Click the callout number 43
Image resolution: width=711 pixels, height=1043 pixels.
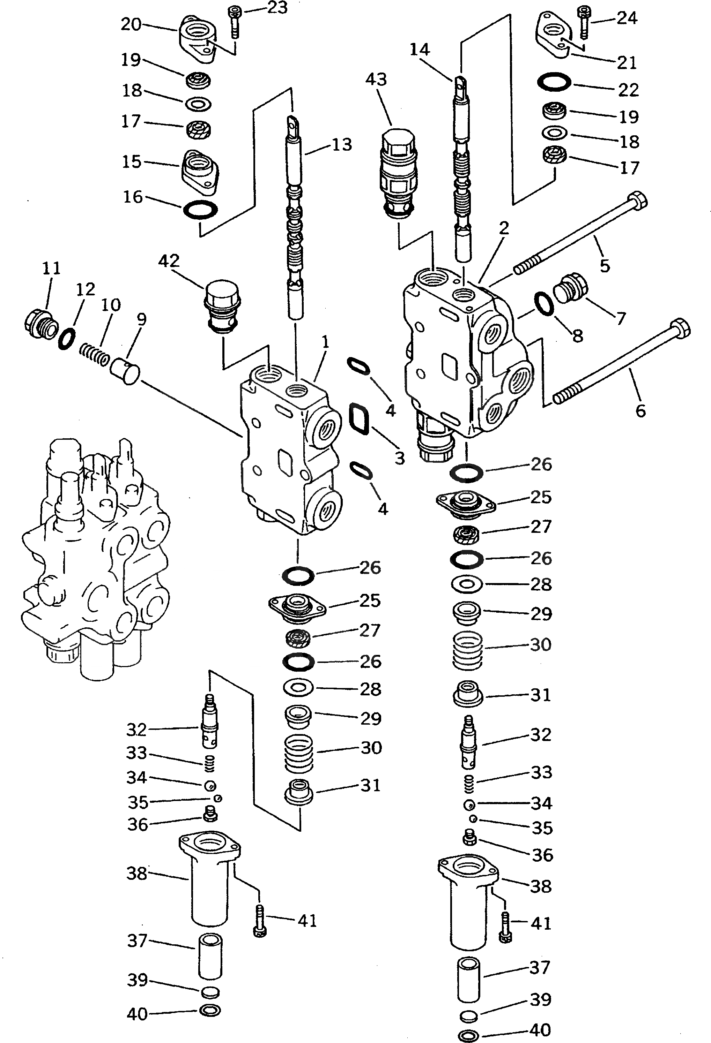point(376,80)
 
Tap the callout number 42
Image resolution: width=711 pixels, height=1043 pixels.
point(169,261)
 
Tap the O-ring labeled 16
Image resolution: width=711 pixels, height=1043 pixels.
point(200,210)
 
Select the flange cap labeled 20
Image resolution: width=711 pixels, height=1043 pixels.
point(198,40)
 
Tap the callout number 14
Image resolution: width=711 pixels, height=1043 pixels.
point(420,50)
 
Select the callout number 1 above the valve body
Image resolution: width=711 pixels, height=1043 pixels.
point(326,342)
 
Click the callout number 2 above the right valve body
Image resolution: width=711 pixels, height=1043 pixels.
point(504,228)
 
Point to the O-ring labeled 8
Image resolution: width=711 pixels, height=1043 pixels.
point(543,304)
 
